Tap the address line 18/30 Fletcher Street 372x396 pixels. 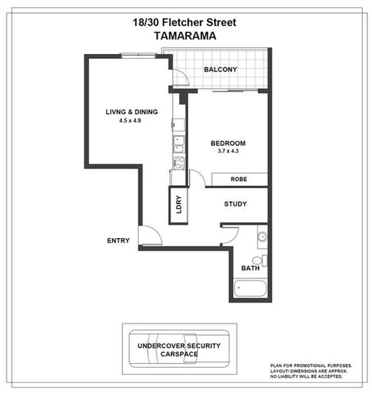185,22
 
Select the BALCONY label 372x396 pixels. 220,70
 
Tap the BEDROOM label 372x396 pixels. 228,144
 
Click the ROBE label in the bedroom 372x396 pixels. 239,180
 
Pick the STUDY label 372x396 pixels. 235,205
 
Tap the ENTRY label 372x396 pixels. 118,241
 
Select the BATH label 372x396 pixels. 251,268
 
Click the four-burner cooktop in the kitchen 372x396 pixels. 178,164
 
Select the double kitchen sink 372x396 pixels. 178,145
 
